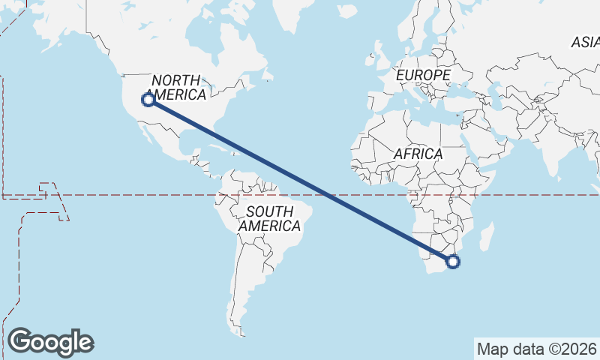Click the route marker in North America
coord(148,99)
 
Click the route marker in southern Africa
coord(452,262)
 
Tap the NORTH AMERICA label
coord(177,88)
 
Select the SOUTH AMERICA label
coord(270,218)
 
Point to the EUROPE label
coord(423,76)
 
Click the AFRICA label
coord(418,154)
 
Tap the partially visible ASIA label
coord(586,43)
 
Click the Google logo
coord(50,341)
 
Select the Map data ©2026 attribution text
coord(536,349)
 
